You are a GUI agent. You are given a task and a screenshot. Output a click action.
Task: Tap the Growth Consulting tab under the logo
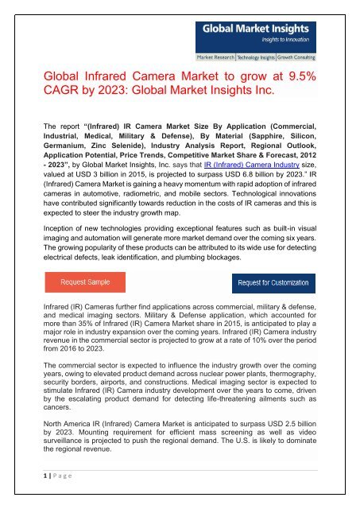[x=311, y=58]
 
